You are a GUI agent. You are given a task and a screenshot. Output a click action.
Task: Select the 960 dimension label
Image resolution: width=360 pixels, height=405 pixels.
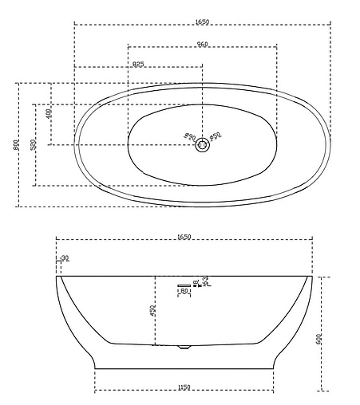(x=203, y=43)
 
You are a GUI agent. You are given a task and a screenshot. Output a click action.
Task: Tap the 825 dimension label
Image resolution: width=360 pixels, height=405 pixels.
(x=138, y=64)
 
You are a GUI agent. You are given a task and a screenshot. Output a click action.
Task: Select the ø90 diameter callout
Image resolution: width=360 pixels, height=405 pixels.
(x=191, y=137)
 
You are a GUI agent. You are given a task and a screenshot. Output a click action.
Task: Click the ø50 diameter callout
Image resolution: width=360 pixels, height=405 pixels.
(x=216, y=137)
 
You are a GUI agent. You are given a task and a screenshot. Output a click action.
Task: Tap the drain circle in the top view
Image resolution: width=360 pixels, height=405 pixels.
(x=203, y=144)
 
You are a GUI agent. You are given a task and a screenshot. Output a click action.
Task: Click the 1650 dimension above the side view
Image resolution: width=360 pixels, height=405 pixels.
(x=184, y=237)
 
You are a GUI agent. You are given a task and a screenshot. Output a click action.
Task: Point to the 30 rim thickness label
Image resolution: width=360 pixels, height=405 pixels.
(x=65, y=258)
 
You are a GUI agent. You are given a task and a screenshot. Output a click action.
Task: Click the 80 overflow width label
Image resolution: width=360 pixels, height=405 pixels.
(x=184, y=291)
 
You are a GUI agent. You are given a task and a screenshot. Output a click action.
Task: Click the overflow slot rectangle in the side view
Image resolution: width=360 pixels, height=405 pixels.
(x=184, y=284)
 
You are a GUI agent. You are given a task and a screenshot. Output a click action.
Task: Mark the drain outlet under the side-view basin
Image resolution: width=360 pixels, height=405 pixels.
(x=184, y=347)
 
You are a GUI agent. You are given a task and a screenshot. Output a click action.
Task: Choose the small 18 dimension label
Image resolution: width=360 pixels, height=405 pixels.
(x=196, y=282)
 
